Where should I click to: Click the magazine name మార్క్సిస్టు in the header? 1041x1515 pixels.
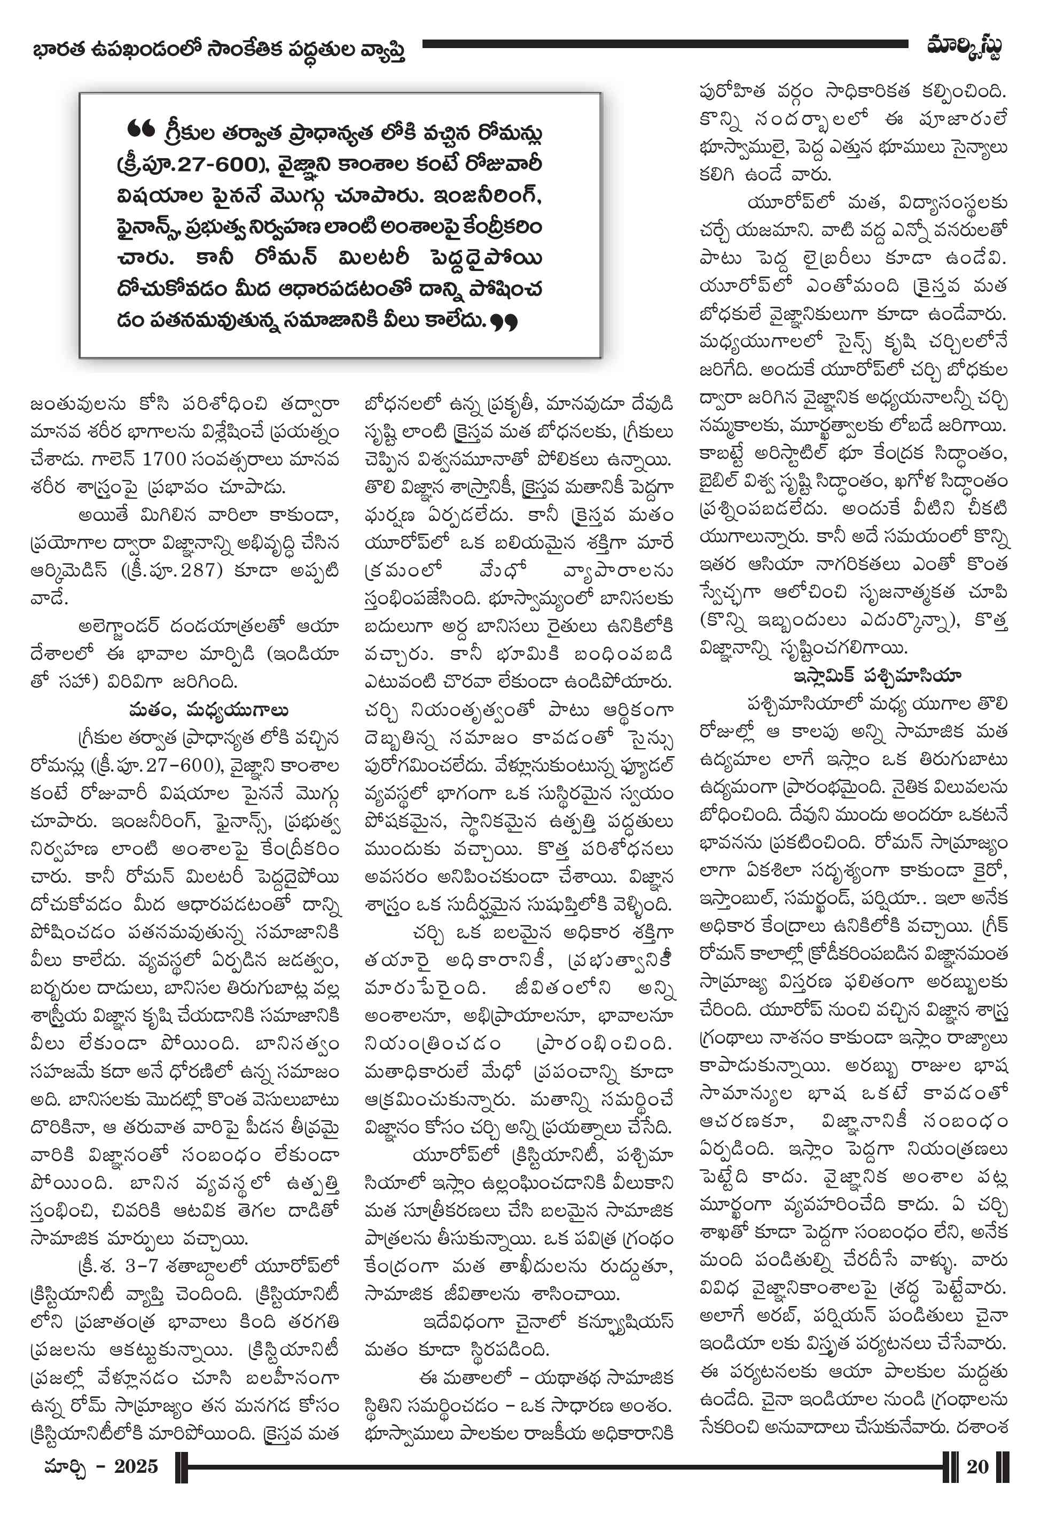pyautogui.click(x=964, y=47)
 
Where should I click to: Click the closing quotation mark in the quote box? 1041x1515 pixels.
pyautogui.click(x=504, y=322)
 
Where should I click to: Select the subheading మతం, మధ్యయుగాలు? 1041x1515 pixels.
pyautogui.click(x=208, y=711)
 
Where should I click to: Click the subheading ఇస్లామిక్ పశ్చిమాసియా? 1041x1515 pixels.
pyautogui.click(x=877, y=676)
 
